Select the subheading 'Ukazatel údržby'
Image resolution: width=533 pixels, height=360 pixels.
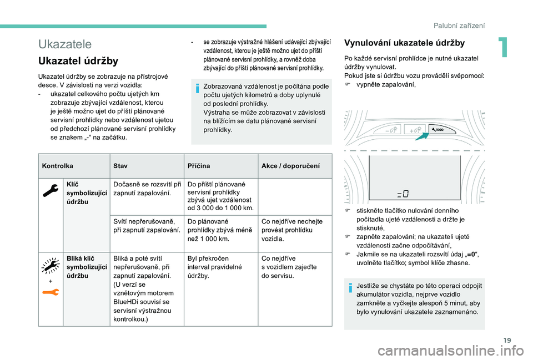[78, 61]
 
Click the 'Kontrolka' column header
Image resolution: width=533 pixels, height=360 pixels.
[57, 166]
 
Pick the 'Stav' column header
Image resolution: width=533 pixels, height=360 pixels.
[120, 166]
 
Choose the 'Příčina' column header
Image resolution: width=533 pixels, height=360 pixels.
[199, 166]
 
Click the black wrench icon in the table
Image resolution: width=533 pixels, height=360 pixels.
[49, 190]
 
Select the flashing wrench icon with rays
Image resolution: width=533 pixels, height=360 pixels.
[49, 267]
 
